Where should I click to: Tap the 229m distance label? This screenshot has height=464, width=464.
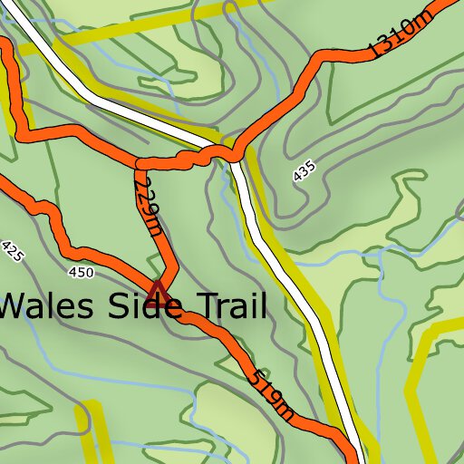coord(147,206)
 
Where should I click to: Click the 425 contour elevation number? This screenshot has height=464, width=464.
coord(12,251)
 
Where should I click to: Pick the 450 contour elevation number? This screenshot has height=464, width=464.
coord(80,272)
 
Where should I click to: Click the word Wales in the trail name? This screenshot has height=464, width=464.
coord(50,307)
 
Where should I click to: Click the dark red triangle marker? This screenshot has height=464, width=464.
coord(159,291)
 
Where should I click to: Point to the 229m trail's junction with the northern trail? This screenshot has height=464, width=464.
coord(140,163)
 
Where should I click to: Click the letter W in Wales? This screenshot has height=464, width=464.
coord(15,307)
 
